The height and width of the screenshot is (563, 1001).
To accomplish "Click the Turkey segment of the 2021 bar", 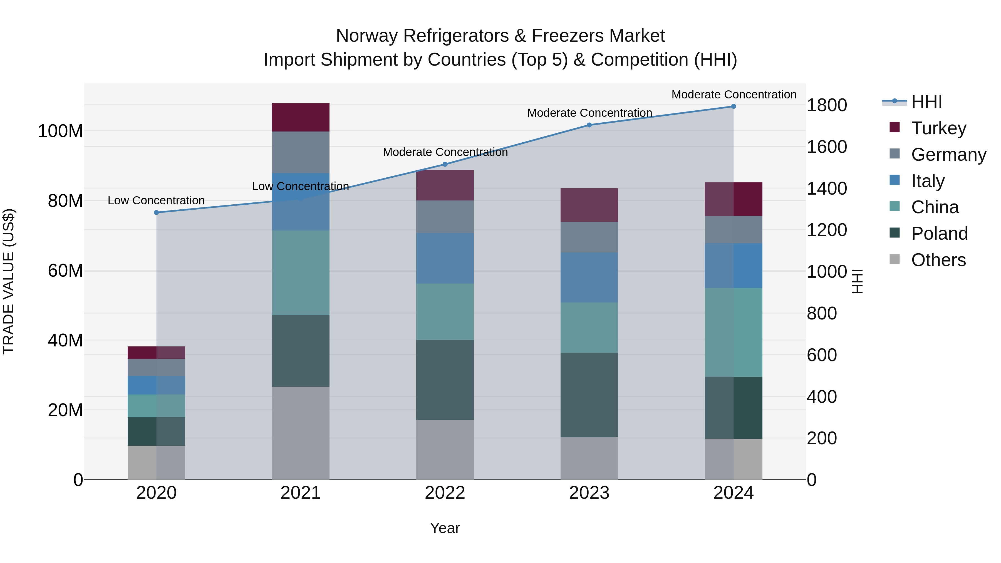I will point(300,117).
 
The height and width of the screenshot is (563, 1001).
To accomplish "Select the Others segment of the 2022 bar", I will point(445,449).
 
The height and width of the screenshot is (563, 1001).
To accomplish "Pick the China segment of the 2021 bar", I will point(300,272).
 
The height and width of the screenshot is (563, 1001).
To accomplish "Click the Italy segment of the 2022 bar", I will point(445,258).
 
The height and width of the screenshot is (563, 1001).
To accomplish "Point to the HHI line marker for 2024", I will point(733,106).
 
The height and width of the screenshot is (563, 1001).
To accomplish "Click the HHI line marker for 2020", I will point(156,212).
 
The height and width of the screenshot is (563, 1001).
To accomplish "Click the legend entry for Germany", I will point(948,154).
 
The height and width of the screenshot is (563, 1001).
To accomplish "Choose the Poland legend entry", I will point(939,233).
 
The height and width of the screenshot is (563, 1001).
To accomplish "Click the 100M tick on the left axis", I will point(60,131).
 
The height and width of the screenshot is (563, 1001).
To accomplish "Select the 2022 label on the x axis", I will point(445,493).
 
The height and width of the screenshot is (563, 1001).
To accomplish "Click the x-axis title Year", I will point(445,528).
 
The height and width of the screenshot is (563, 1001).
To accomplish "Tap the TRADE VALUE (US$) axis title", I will point(9,281).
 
